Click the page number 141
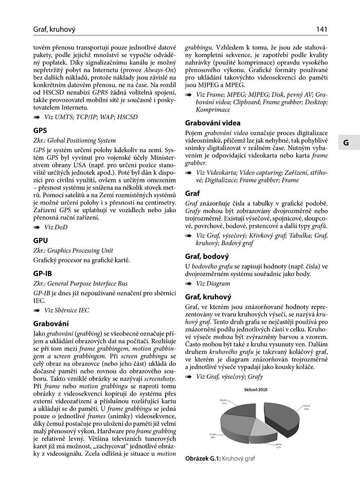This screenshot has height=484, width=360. (x=322, y=29)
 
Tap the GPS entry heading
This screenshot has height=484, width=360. (x=40, y=131)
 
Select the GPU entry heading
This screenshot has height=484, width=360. (x=41, y=240)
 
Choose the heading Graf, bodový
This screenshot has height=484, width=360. (x=207, y=255)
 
